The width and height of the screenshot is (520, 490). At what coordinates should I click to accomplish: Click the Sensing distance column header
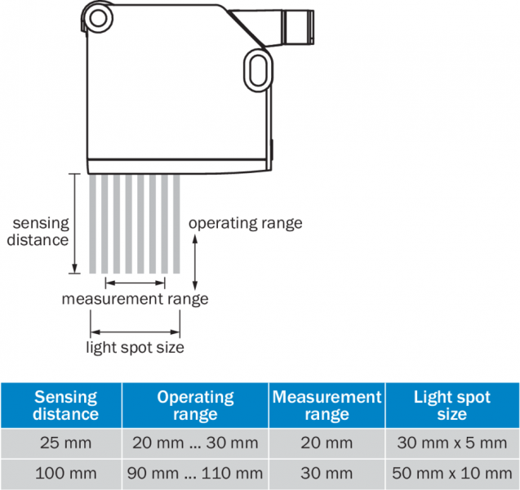click(x=65, y=406)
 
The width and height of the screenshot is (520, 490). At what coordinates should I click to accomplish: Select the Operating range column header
click(x=195, y=406)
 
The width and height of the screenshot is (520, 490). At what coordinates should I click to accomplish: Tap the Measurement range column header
click(x=327, y=406)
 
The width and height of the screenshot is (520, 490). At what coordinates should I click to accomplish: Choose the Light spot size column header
click(x=451, y=406)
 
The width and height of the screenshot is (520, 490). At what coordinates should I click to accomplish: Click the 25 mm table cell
click(x=65, y=443)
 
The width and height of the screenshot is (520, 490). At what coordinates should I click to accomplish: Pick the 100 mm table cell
click(x=65, y=473)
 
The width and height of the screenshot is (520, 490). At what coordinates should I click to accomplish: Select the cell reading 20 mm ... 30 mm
click(x=195, y=443)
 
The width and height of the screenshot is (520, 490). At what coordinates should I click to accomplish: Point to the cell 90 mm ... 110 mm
click(x=195, y=473)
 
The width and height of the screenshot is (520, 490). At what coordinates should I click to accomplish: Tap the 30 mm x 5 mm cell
click(x=451, y=443)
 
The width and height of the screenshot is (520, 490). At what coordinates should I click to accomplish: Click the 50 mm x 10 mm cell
click(x=451, y=473)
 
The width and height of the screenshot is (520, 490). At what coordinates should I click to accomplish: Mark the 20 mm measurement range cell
click(x=327, y=443)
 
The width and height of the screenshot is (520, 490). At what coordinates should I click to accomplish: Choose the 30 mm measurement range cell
click(x=327, y=473)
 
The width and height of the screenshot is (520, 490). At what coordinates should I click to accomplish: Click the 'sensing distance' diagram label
click(x=38, y=231)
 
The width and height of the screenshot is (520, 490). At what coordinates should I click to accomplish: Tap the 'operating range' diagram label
click(x=245, y=222)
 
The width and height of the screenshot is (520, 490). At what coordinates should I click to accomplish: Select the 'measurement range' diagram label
click(x=135, y=299)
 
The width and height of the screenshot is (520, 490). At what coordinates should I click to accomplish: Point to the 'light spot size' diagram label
click(x=135, y=347)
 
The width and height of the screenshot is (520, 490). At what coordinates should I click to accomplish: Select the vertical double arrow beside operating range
click(x=195, y=258)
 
